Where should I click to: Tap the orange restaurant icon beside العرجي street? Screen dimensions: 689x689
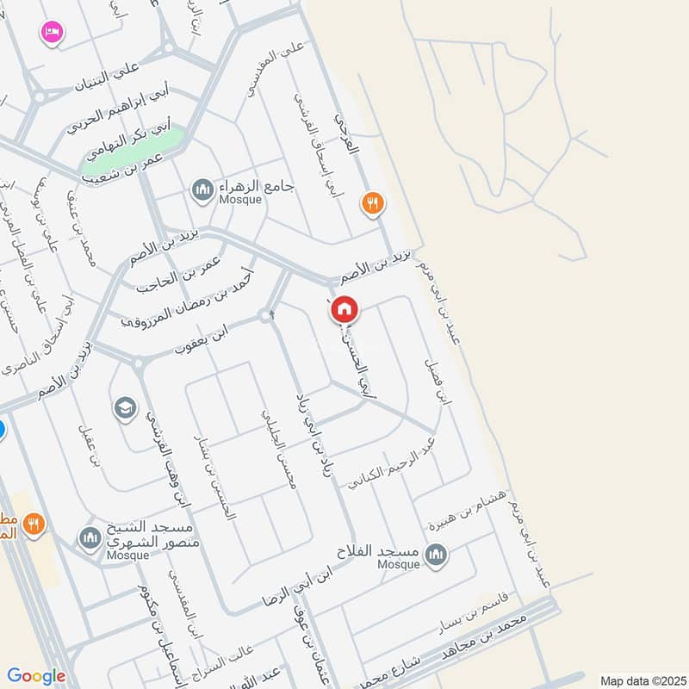tap(373, 203)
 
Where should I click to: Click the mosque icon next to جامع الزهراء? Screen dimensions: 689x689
tap(202, 189)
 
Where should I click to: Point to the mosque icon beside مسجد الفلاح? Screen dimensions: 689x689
tap(437, 554)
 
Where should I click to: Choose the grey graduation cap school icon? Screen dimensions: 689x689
tap(125, 407)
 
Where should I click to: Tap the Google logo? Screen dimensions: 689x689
tap(36, 676)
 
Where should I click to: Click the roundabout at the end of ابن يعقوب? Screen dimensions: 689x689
tap(265, 317)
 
